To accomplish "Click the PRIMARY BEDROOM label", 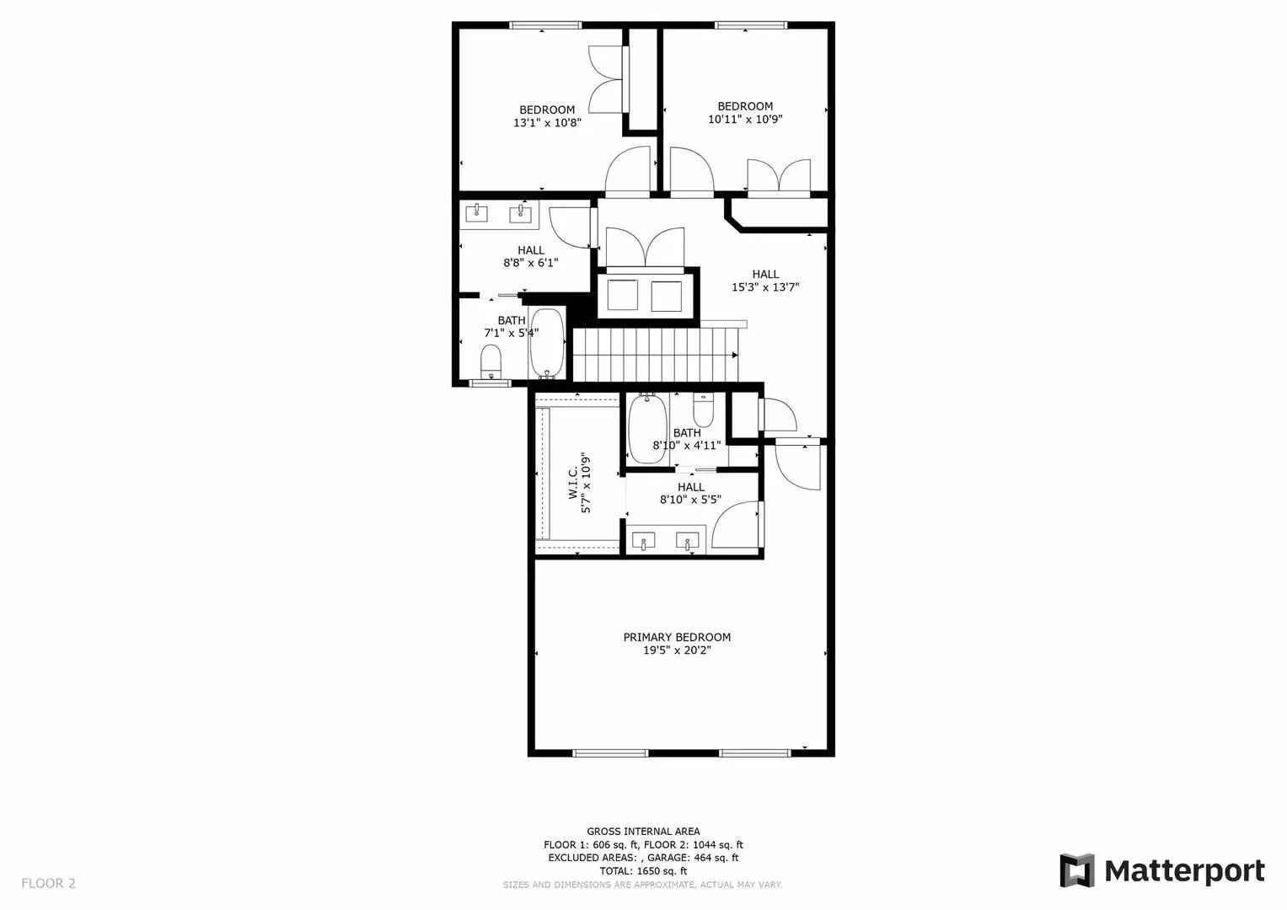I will pos(677,637).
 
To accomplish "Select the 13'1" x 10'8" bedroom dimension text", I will pos(547,123).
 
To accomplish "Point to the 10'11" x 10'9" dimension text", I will pos(745,120).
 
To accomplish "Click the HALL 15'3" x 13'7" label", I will pos(765,274).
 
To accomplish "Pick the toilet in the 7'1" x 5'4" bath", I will pos(491,364).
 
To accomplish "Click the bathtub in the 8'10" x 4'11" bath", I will pos(647,429).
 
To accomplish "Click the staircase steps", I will pos(656,355).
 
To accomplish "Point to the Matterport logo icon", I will pos(1076,870).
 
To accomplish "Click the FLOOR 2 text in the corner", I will pos(48,883).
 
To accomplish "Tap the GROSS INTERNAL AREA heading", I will pos(643,832).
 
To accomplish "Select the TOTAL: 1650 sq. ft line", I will pos(643,871).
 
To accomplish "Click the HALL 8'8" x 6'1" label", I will pos(531,250).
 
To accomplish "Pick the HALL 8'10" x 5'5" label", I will pos(690,487).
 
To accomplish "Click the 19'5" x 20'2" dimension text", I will pos(677,650).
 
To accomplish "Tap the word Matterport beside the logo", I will pos(1184,870).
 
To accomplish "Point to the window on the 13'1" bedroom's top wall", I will pos(540,25).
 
